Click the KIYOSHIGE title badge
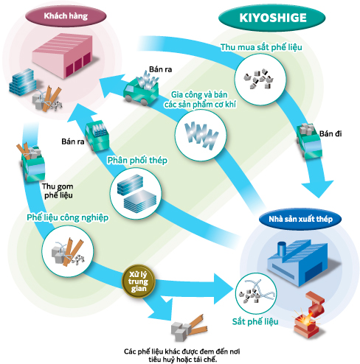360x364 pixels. click(272, 18)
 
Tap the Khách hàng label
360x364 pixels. click(66, 16)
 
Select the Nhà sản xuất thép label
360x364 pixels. click(300, 219)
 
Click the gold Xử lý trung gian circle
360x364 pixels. click(139, 281)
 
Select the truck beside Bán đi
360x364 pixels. click(309, 141)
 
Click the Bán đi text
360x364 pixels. click(330, 133)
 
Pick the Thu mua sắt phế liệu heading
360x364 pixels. click(261, 47)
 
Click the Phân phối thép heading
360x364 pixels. click(137, 160)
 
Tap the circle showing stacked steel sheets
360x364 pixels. click(136, 193)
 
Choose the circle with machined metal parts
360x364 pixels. click(201, 135)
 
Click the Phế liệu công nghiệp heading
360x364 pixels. click(68, 217)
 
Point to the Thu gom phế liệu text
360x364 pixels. click(58, 191)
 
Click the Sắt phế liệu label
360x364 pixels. click(255, 321)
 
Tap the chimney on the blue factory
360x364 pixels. click(281, 249)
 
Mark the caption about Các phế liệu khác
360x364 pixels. click(182, 355)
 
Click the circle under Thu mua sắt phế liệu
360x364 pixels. click(260, 80)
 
